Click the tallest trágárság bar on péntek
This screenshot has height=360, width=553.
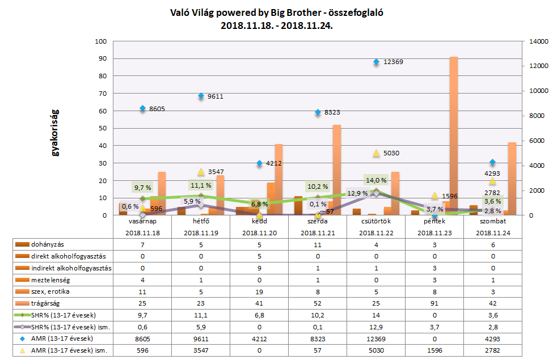454,136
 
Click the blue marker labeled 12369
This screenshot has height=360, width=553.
375,62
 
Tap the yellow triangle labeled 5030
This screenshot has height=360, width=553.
375,153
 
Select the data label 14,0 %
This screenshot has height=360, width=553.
376,181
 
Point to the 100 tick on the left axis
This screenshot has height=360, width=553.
102,41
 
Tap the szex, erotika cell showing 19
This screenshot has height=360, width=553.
259,291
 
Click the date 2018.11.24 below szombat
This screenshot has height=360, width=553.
492,232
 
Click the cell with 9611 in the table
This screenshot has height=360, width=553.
201,339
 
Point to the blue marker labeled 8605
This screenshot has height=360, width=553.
142,108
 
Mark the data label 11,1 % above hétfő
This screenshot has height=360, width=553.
201,185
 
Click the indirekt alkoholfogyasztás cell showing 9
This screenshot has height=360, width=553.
259,268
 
